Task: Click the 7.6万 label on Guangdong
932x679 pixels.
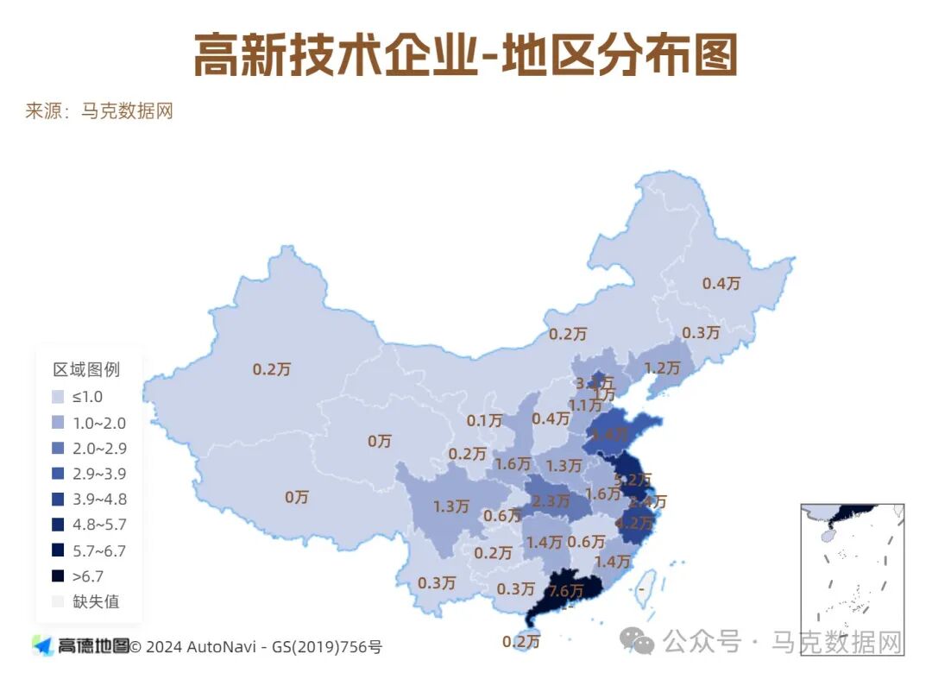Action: (x=565, y=591)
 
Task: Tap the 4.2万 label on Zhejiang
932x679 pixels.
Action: (x=634, y=522)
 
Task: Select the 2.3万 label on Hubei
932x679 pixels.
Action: (x=551, y=500)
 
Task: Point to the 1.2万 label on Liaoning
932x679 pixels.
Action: (x=663, y=368)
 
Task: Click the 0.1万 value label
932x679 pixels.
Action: (x=484, y=421)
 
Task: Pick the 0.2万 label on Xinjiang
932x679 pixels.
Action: (x=271, y=369)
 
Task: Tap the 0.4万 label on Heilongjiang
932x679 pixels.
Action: (x=721, y=283)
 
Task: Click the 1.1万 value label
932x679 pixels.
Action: (x=584, y=406)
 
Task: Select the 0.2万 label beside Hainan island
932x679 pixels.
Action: (x=521, y=641)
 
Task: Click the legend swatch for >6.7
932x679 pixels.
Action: (x=58, y=576)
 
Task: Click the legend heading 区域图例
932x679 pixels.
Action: (x=86, y=370)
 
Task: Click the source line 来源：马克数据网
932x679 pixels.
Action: (x=99, y=111)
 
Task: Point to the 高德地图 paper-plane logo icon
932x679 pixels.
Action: (x=42, y=644)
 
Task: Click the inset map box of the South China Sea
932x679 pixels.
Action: (x=852, y=579)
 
